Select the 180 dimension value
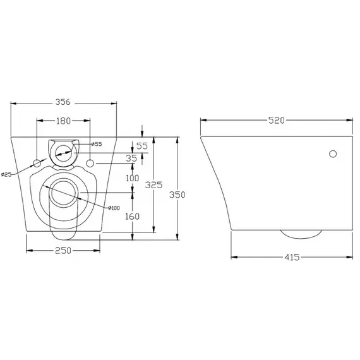coord(63,120)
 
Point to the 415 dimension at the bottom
coord(291,257)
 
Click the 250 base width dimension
coord(63,250)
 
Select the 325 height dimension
coord(153,185)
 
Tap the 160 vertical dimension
coord(132,215)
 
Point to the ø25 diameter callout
coord(7,174)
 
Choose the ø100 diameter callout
coord(114,208)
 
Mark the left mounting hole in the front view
coord(37,164)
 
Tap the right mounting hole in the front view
coord(90,164)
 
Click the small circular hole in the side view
coord(333,153)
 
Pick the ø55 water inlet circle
coord(64,150)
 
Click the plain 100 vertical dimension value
coord(132,179)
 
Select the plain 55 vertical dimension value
coord(141,146)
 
